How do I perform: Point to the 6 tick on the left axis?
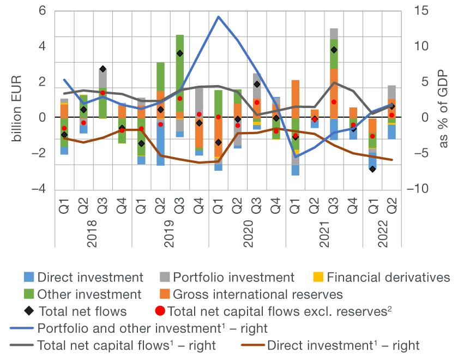[43, 11]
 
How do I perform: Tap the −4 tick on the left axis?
[40, 189]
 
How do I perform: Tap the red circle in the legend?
[159, 311]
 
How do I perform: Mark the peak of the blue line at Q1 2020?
[218, 16]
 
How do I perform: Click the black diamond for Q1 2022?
[372, 169]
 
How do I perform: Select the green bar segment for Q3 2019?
[179, 73]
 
